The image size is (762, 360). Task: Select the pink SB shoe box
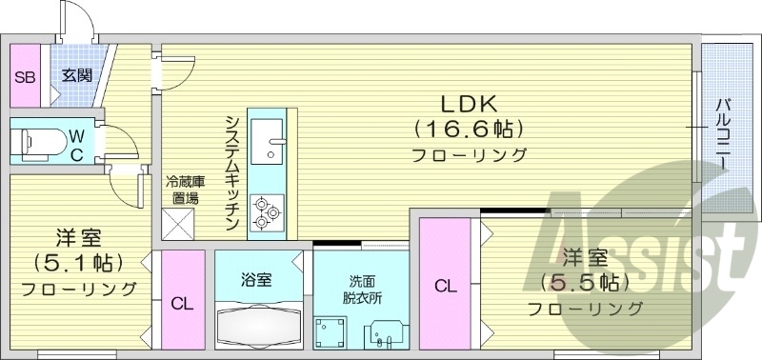[24, 76]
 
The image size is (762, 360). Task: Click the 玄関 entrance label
[77, 75]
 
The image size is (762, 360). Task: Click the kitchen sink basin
[272, 140]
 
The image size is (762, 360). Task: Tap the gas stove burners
[266, 212]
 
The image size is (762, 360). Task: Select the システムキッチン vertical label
[232, 171]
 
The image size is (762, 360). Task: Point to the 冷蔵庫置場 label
[186, 190]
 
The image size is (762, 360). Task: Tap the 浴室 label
[256, 280]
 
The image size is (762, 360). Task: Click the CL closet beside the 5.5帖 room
[446, 285]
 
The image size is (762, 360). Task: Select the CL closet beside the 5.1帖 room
[181, 304]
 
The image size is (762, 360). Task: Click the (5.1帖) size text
[77, 261]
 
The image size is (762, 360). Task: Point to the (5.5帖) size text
[584, 282]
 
